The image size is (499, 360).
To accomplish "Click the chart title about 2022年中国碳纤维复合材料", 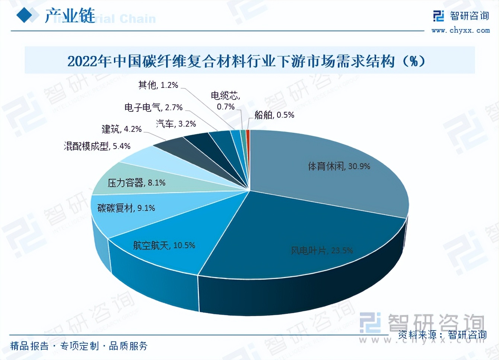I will tap(246, 61).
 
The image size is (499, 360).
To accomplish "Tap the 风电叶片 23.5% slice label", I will tap(321, 250).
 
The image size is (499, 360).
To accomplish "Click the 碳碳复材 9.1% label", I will tap(126, 208).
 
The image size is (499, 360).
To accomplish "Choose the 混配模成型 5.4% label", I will tap(97, 146).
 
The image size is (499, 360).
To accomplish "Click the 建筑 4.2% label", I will tap(121, 129).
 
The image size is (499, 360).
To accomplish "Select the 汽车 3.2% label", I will tap(176, 124).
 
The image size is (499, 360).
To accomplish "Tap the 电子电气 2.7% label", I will tap(153, 108).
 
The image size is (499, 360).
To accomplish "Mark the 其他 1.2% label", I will tap(158, 85).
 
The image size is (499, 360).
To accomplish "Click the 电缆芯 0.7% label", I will tap(226, 101).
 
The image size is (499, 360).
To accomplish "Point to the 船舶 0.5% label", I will tap(274, 115).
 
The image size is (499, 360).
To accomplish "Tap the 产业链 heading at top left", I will tap(70, 16).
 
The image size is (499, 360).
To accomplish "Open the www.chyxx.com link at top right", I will tap(460, 31).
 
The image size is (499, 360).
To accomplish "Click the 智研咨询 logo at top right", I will tap(461, 16).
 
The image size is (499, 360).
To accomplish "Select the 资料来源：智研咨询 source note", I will tap(442, 335).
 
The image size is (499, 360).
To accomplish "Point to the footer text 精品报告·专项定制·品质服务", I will tap(79, 346).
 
